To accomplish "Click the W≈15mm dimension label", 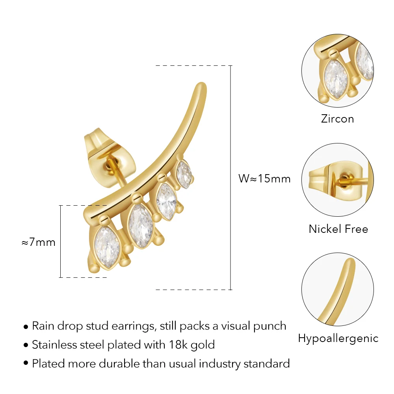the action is point(264,178).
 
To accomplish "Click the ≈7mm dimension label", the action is point(39,242).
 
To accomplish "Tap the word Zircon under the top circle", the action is point(338,119).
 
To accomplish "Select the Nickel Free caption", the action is point(338,229).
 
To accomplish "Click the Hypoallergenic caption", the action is point(338,338).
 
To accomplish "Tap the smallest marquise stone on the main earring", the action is point(184,174).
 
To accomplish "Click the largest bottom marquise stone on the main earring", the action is point(107,247).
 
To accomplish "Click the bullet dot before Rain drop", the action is point(26,327).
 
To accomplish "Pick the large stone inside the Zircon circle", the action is point(336,80).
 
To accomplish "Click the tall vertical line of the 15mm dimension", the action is point(230,178).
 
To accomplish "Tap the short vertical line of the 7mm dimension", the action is point(61,242).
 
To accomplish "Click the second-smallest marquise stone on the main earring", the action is point(166,202).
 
